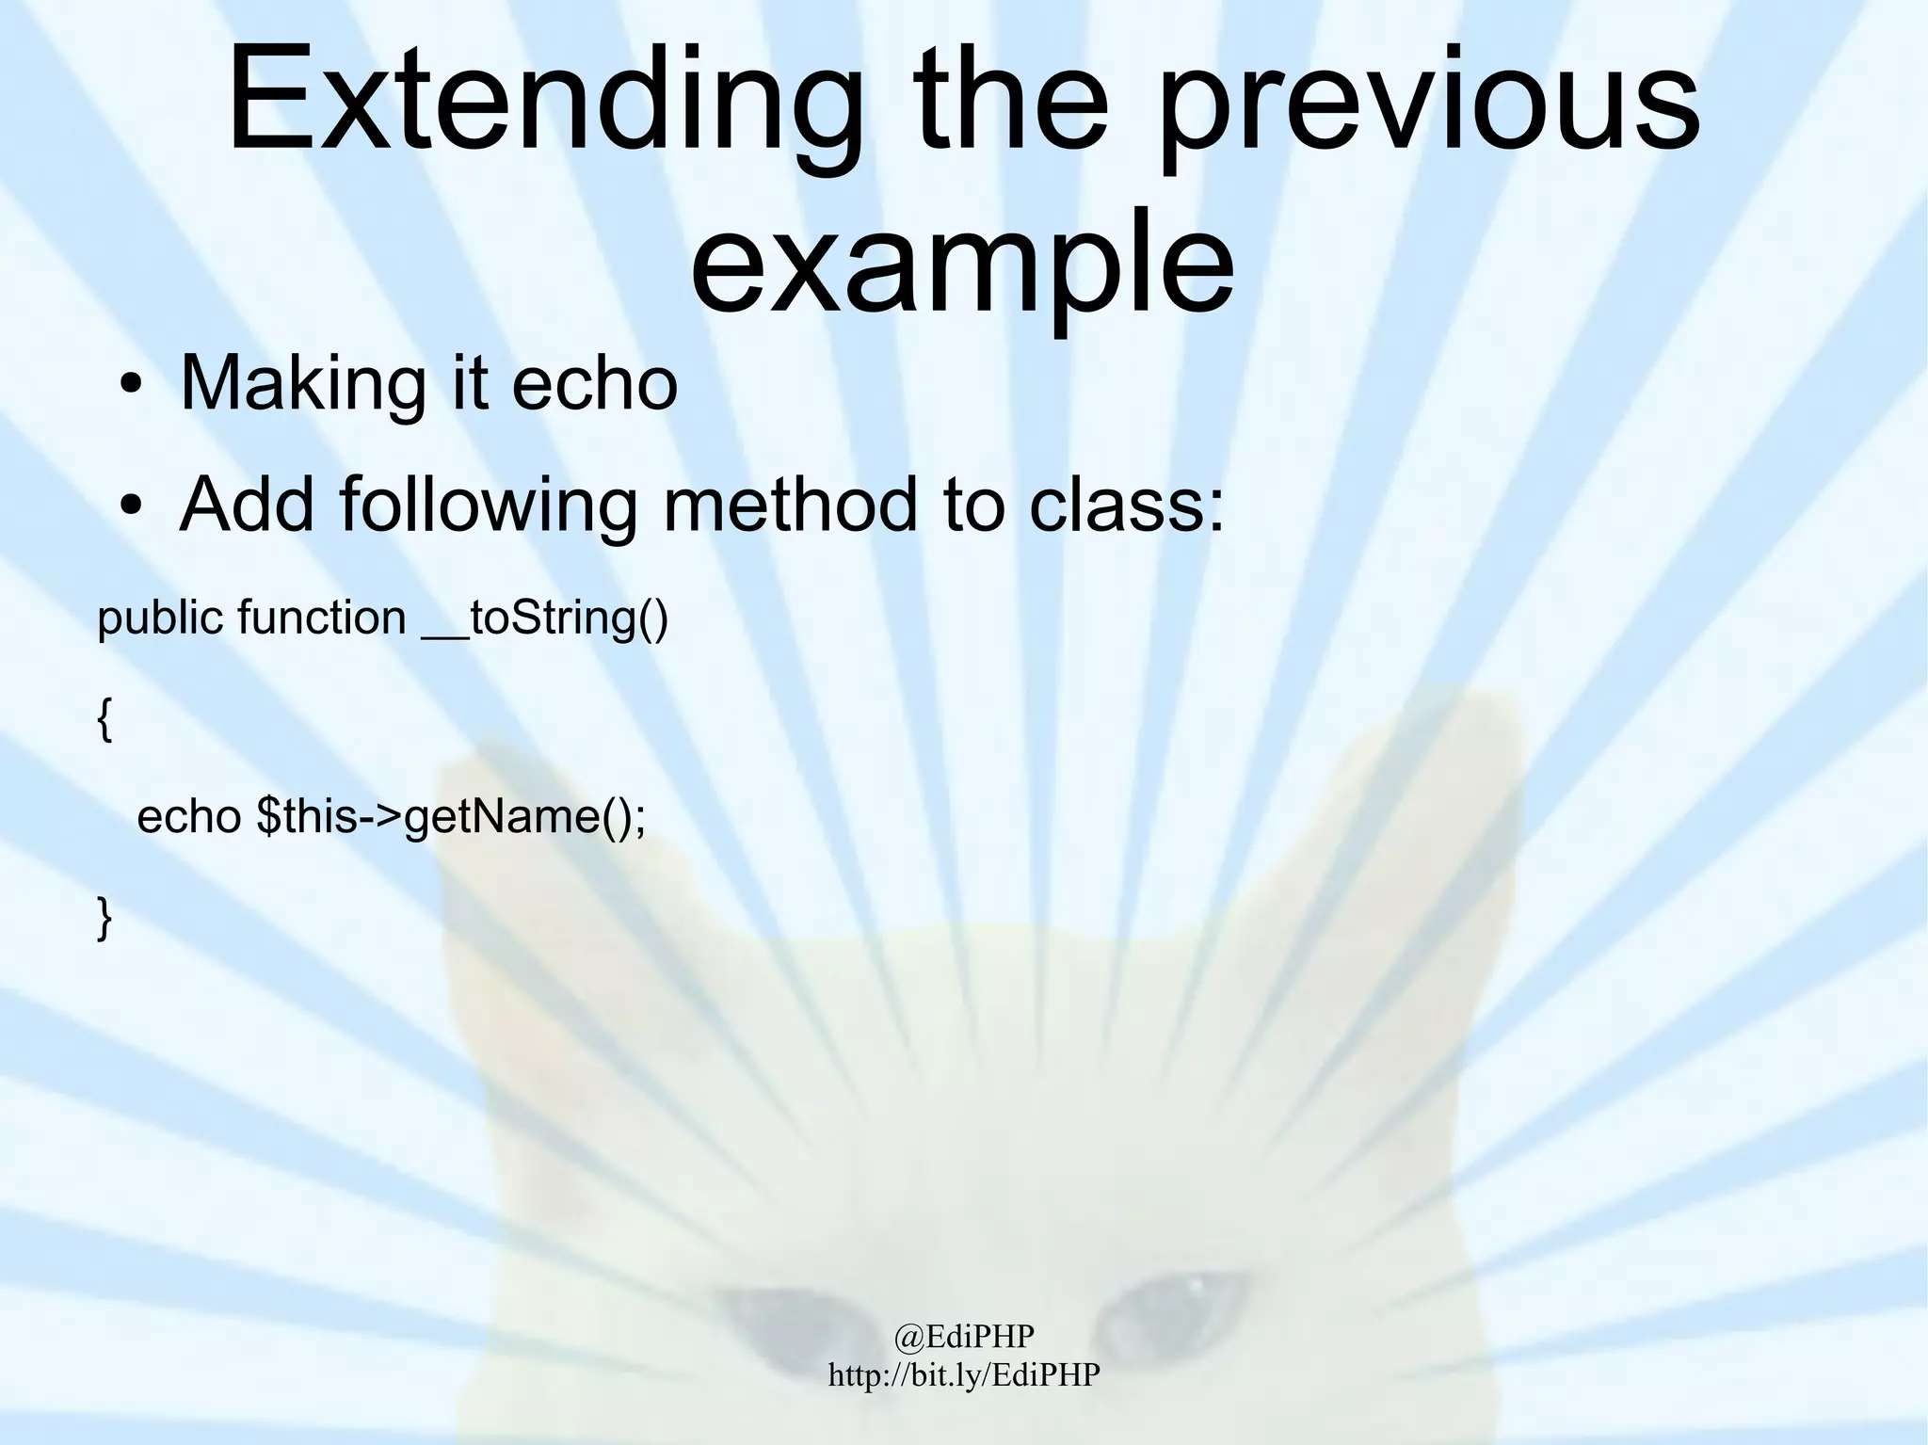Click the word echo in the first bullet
594,384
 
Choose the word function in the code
321,618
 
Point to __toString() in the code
545,618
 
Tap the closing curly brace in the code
104,918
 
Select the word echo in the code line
188,816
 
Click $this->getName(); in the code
451,816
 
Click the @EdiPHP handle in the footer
963,1336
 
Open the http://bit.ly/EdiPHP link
963,1375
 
